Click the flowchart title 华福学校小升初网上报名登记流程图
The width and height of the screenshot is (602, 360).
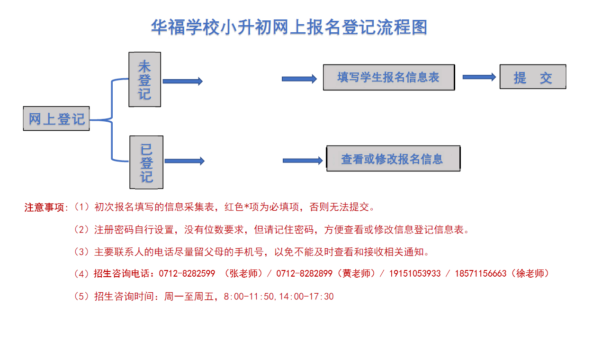(x=289, y=27)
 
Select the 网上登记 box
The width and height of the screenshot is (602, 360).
(x=56, y=118)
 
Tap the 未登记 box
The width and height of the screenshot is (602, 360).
(x=145, y=80)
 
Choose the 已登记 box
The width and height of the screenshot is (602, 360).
(x=146, y=162)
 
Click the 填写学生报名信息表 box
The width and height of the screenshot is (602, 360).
(x=389, y=77)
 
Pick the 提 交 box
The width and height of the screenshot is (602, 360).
(x=533, y=77)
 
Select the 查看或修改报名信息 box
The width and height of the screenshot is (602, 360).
(x=394, y=159)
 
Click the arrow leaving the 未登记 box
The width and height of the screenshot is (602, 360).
(x=183, y=81)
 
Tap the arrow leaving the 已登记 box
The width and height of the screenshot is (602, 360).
(x=185, y=161)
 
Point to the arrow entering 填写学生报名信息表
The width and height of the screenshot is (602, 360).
(x=299, y=79)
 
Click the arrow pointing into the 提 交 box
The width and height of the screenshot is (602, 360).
(x=479, y=77)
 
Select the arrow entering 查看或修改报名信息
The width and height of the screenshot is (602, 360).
(x=303, y=161)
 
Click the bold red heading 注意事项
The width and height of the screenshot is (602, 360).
(x=45, y=207)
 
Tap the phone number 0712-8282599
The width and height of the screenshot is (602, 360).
(x=187, y=274)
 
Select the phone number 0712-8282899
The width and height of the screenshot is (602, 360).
(x=304, y=274)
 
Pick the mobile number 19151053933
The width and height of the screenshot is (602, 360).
(x=415, y=274)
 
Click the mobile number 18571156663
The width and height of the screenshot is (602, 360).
(x=481, y=274)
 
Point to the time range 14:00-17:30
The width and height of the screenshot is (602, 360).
(x=306, y=297)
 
